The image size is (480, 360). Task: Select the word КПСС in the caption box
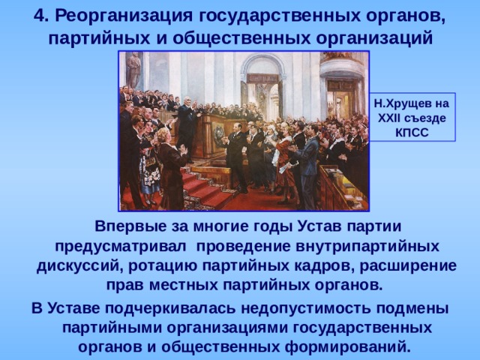coord(412,132)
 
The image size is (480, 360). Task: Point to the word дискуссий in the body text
coord(79,265)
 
